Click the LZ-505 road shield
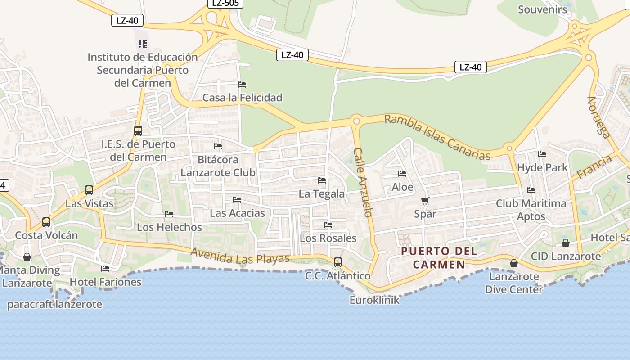coord(225,3)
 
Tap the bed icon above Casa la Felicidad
coord(242,85)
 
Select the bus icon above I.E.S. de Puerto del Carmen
coord(138,131)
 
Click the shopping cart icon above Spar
coord(425,201)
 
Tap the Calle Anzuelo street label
coord(363,182)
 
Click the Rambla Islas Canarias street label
coord(437,137)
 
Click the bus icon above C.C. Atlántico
coord(337,262)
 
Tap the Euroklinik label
coord(374,300)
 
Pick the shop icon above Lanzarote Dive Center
coord(513,263)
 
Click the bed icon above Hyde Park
coord(542,154)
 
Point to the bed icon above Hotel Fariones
coord(105,269)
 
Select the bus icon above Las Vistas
coord(89,190)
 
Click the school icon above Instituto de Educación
coord(143,44)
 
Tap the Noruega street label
coord(598,117)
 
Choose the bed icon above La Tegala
coord(322,180)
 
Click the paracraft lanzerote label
coord(55,304)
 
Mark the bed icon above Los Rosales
coord(328,225)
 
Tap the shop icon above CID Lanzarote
coord(566,243)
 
